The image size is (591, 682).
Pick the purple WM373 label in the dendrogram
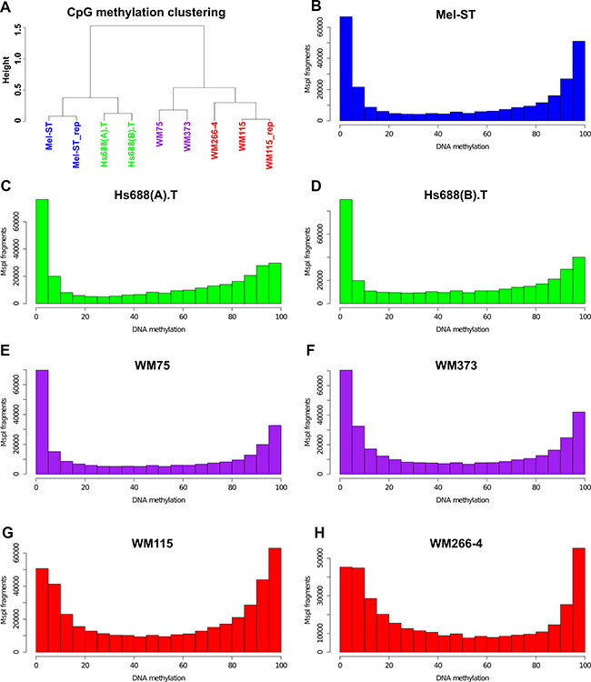(186, 140)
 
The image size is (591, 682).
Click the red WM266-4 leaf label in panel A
(215, 143)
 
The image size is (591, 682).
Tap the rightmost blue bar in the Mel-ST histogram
(578, 80)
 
